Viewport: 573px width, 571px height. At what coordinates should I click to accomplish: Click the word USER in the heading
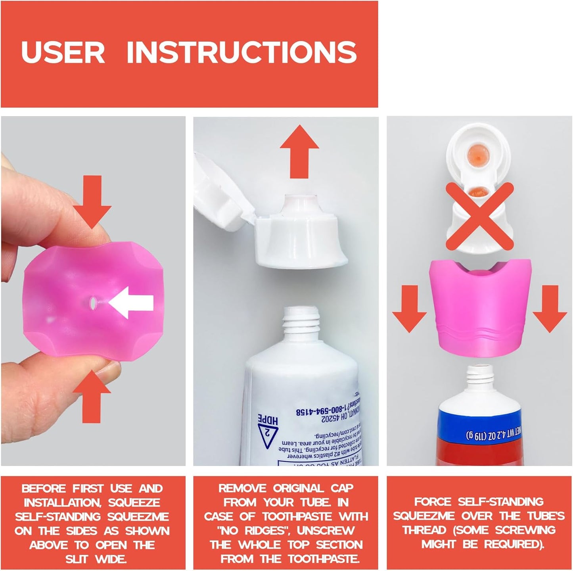tap(63, 52)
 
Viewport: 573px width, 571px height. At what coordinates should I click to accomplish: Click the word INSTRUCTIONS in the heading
tap(241, 52)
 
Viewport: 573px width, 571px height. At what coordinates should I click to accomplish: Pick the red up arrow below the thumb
tap(92, 396)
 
